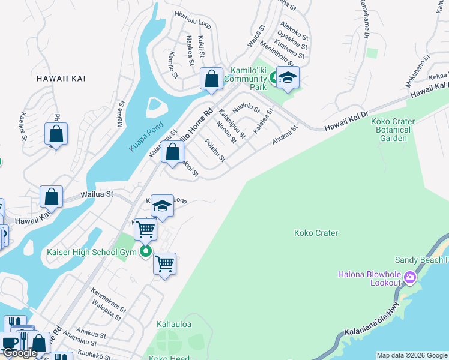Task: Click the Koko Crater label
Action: coord(316,233)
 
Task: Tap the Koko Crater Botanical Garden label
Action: coord(393,130)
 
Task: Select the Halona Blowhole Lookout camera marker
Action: coord(410,277)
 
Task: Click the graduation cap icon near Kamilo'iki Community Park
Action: coord(288,77)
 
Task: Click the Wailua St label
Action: coord(97,194)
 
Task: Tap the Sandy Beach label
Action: coord(421,260)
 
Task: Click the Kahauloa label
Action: coord(174,324)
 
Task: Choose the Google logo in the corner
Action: coord(20,353)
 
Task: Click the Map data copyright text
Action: coord(411,355)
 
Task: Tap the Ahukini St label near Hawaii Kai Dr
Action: coord(285,136)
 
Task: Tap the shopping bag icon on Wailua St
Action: coord(52,197)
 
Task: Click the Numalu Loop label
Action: coord(193,21)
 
